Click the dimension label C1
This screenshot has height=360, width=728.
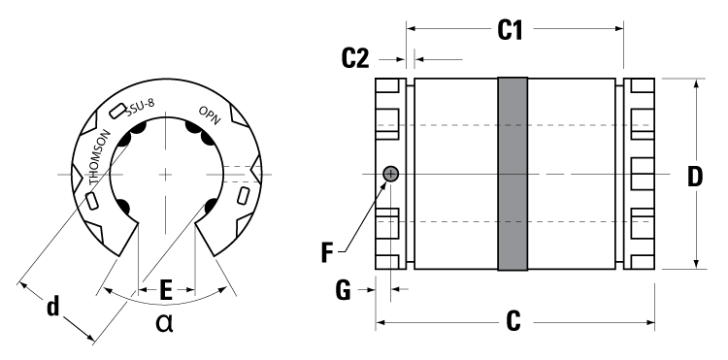coord(511,29)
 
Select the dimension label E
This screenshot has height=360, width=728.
coord(166,288)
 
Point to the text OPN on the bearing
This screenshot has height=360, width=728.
coord(211,115)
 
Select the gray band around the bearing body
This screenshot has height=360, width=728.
coord(512,175)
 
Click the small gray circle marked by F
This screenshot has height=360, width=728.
coord(391,175)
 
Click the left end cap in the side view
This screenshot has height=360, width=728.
coord(390,175)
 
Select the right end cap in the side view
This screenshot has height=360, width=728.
coord(640,175)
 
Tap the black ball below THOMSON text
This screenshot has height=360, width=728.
coord(124,207)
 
